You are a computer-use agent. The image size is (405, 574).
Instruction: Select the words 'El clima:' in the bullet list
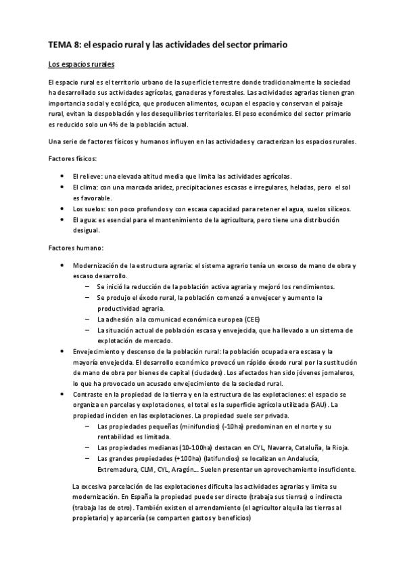(x=85, y=186)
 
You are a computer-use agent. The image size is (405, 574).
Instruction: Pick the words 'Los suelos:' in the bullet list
(x=89, y=208)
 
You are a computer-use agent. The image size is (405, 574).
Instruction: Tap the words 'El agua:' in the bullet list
(x=85, y=220)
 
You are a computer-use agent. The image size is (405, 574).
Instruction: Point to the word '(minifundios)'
(x=172, y=426)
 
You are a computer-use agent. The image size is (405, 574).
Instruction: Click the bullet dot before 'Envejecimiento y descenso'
(x=63, y=351)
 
